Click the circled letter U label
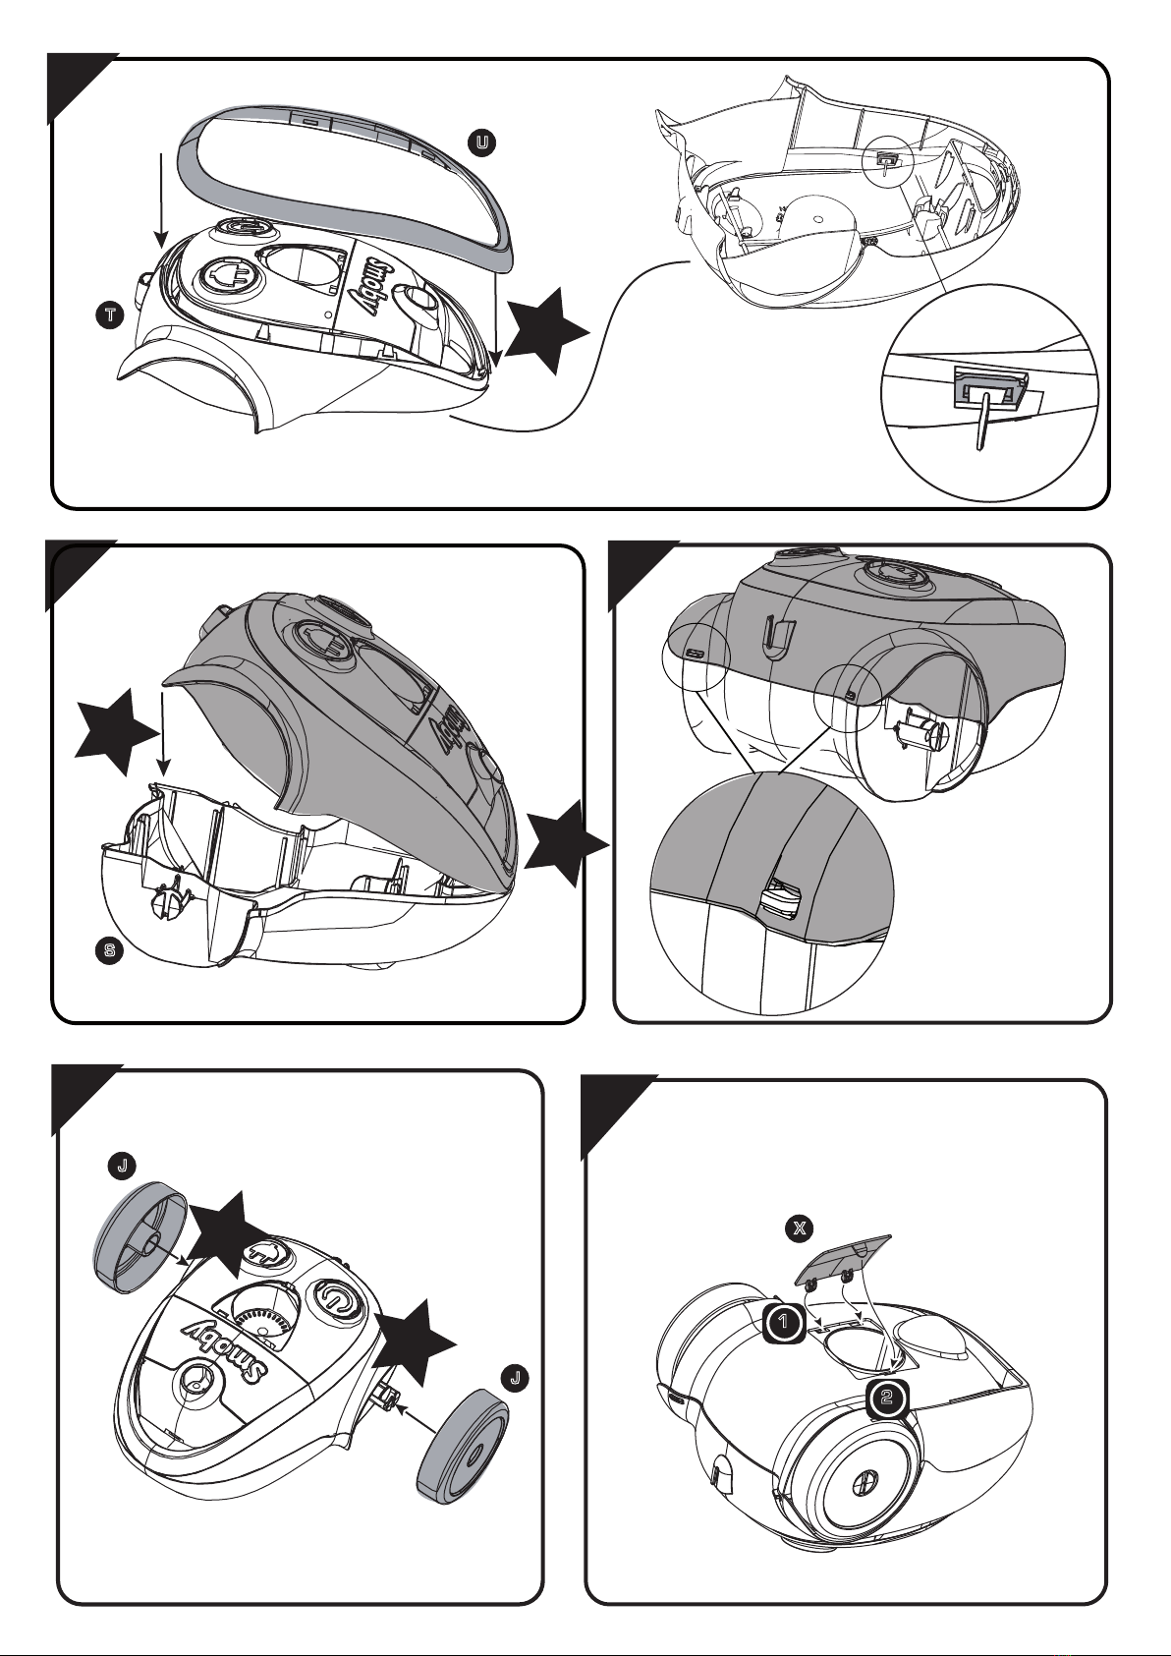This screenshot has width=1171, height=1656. pos(481,143)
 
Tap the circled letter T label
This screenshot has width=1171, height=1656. pos(109,315)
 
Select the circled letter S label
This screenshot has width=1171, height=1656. pos(109,950)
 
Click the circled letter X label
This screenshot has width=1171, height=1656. pos(799,1228)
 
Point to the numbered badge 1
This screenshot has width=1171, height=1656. pos(784,1321)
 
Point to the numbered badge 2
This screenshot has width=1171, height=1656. pos(887,1397)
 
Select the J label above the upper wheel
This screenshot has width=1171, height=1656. pos(122,1166)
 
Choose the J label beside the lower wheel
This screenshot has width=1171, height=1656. pos(515,1378)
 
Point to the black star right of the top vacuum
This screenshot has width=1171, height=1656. pos(547,331)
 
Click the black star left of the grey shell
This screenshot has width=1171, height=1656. pos(118,732)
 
